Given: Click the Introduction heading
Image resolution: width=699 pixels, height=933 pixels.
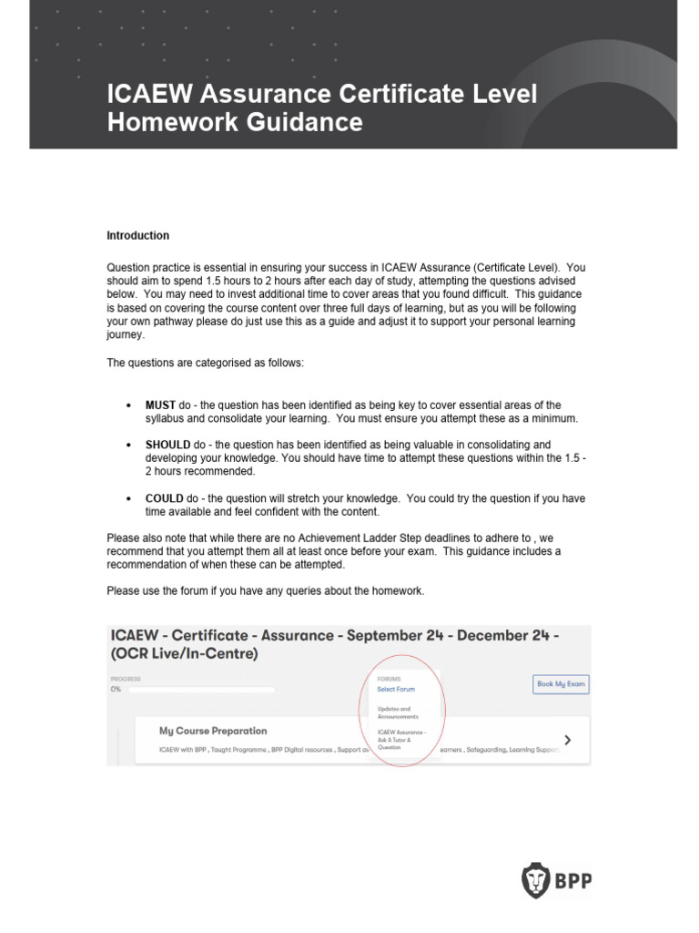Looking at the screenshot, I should (138, 236).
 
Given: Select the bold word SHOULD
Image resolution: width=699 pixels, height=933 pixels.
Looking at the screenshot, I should (167, 445).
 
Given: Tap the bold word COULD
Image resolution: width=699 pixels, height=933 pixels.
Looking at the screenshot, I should (165, 499).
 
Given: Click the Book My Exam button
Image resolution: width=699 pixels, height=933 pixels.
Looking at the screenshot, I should (561, 683).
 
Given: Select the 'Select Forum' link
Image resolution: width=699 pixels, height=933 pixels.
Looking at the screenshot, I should (396, 690).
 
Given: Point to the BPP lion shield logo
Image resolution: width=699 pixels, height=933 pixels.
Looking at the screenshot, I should (535, 880).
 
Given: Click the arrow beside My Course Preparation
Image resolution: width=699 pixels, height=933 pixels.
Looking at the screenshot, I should (569, 740).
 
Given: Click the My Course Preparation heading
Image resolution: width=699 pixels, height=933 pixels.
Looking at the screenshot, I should (213, 731).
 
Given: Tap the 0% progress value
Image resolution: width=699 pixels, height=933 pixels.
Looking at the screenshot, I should (116, 690).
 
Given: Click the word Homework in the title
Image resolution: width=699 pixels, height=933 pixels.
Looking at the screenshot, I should (168, 122).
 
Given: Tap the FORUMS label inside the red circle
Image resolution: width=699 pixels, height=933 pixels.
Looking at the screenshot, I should (389, 679).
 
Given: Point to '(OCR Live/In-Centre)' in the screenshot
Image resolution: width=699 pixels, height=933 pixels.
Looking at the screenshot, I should (184, 654).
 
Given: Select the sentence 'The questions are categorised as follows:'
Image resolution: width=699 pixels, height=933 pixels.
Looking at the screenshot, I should (206, 363).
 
